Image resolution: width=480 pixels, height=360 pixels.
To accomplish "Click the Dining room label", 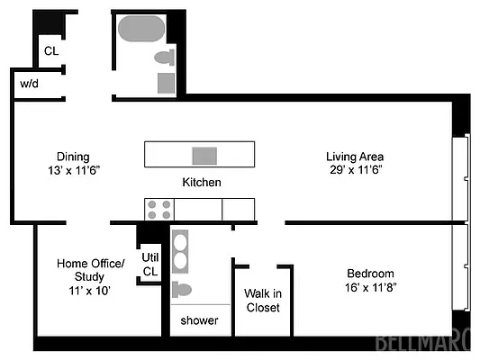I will pyautogui.click(x=73, y=157).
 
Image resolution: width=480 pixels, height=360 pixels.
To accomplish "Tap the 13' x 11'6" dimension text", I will pyautogui.click(x=73, y=170).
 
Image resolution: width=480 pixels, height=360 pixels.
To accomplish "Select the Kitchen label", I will pyautogui.click(x=202, y=182).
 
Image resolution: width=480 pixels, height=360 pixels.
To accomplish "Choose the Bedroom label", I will pyautogui.click(x=371, y=274).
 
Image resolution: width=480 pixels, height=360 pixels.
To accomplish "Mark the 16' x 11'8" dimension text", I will pyautogui.click(x=371, y=288).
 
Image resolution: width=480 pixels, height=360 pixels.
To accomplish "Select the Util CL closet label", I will pyautogui.click(x=149, y=264).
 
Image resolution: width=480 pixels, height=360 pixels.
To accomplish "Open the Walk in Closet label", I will pyautogui.click(x=263, y=300).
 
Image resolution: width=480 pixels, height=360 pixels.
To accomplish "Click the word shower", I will pyautogui.click(x=199, y=320).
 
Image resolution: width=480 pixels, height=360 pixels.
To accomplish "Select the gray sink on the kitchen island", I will pyautogui.click(x=204, y=155).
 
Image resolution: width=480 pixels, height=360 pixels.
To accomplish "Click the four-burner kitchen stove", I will pyautogui.click(x=159, y=210).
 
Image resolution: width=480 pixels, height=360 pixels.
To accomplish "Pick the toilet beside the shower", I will pyautogui.click(x=182, y=290).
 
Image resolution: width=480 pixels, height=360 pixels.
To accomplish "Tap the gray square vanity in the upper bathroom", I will pyautogui.click(x=167, y=83).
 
